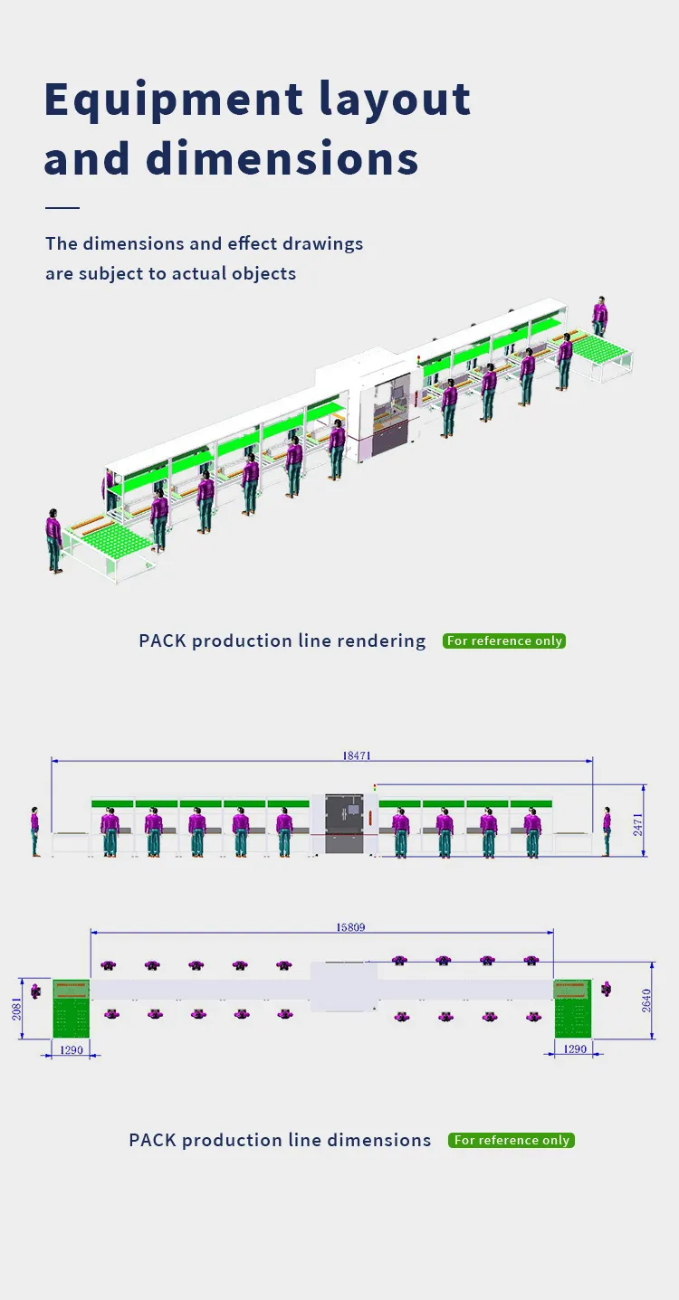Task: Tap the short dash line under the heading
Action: point(62,208)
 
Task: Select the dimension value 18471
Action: point(357,754)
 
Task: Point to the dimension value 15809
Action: point(350,927)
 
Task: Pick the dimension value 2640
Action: point(646,1001)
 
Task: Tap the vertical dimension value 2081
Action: point(16,1009)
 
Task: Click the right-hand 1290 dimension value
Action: point(575,1049)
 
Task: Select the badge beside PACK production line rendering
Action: point(504,641)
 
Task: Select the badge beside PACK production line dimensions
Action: point(512,1140)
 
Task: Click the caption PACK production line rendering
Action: point(282,641)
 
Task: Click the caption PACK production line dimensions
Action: point(280,1140)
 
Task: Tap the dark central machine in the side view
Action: point(344,823)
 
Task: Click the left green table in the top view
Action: point(71,1008)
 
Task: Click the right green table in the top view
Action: point(572,1008)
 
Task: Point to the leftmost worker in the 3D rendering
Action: point(54,541)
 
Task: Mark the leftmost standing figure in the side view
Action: point(35,831)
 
